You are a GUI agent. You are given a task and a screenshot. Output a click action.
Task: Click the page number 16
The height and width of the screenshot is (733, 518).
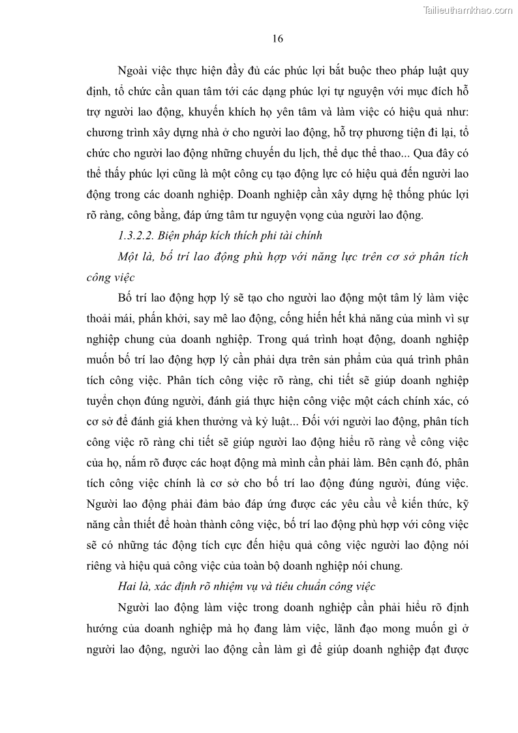(277, 39)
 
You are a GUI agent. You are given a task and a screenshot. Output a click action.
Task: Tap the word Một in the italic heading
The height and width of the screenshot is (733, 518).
(130, 257)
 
